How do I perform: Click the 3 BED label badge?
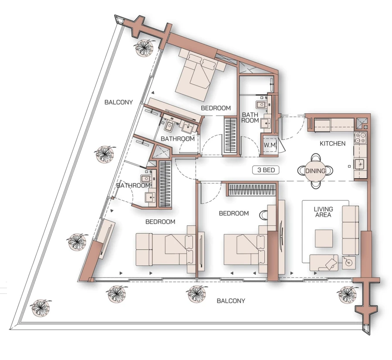pos(266,170)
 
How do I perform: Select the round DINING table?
pos(315,171)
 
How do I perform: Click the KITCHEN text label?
pos(333,143)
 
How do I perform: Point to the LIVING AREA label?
pos(323,212)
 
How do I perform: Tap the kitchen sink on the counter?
pos(360,164)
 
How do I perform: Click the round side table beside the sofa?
pos(348,262)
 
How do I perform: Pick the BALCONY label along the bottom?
pos(231,301)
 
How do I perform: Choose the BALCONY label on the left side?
pos(118,102)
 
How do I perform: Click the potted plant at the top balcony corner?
pos(144,47)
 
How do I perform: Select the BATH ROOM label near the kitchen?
pos(250,118)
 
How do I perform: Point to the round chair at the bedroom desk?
pos(264,214)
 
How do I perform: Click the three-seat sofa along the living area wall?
pos(350,230)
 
